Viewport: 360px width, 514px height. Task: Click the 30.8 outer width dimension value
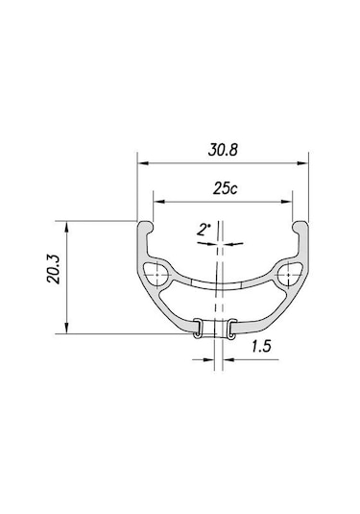click(223, 150)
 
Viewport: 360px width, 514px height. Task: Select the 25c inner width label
click(225, 189)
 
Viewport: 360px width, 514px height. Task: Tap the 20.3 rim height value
click(54, 269)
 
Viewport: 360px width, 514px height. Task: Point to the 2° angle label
click(204, 230)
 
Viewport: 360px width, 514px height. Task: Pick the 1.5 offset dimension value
click(261, 346)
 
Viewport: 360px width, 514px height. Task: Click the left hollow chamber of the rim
click(156, 275)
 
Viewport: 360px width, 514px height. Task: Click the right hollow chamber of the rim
click(289, 275)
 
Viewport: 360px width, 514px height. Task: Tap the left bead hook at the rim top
click(145, 227)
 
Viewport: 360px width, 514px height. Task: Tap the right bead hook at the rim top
click(300, 227)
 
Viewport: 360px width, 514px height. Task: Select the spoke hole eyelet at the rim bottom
click(215, 329)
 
